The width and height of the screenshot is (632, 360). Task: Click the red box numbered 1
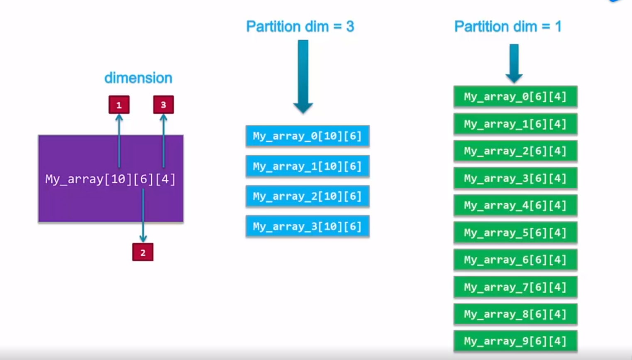(119, 105)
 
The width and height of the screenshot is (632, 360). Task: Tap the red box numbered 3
(163, 105)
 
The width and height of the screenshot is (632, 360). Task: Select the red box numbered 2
(143, 252)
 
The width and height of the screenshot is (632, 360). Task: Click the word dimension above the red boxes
(138, 78)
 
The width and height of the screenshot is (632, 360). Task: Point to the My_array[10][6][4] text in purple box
(110, 179)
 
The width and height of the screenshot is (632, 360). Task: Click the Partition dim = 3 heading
(300, 27)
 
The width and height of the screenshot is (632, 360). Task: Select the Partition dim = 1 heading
(508, 27)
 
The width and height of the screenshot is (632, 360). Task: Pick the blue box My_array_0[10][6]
(307, 136)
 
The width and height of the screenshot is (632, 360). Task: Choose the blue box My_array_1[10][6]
(307, 167)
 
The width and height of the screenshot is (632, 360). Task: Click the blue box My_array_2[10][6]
(307, 196)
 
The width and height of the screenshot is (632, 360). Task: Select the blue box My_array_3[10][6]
(307, 226)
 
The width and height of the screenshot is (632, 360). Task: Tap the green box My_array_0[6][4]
(515, 97)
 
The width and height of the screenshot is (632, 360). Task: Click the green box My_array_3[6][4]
(515, 179)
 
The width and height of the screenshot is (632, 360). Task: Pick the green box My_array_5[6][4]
(515, 233)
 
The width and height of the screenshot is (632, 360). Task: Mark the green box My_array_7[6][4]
(515, 287)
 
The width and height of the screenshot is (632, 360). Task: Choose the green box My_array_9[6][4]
(515, 341)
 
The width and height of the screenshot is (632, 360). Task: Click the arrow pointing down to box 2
(143, 216)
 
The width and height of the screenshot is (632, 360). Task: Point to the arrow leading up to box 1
(119, 141)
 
